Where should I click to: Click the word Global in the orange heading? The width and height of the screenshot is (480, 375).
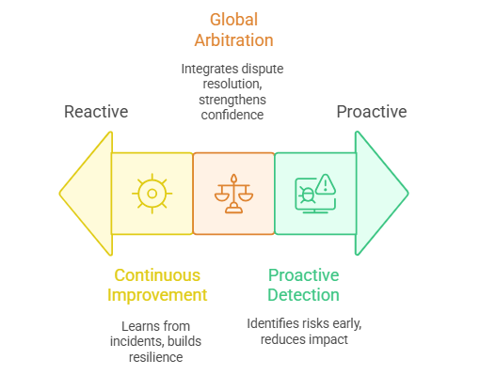click(x=233, y=20)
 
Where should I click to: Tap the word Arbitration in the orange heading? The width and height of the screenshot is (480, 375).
click(x=233, y=40)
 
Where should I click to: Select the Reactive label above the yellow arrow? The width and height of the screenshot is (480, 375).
click(x=96, y=112)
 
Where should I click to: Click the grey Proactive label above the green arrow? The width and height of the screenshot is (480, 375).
click(x=372, y=112)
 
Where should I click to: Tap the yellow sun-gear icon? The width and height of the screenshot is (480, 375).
click(x=152, y=194)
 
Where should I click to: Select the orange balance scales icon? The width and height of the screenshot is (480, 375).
click(x=233, y=194)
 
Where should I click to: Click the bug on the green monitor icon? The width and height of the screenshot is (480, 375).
click(x=307, y=195)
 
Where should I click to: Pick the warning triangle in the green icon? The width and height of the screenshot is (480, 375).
click(x=326, y=184)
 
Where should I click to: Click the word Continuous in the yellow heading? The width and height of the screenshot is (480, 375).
click(x=157, y=275)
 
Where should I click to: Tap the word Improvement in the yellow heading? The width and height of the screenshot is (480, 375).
click(x=157, y=295)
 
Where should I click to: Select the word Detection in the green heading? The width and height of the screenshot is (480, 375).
click(x=303, y=295)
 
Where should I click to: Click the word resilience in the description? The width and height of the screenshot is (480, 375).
click(x=155, y=357)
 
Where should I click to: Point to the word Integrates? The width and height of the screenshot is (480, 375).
click(x=205, y=69)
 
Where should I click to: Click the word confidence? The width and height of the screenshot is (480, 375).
click(x=232, y=115)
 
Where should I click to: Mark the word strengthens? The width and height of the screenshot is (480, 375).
click(x=232, y=100)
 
